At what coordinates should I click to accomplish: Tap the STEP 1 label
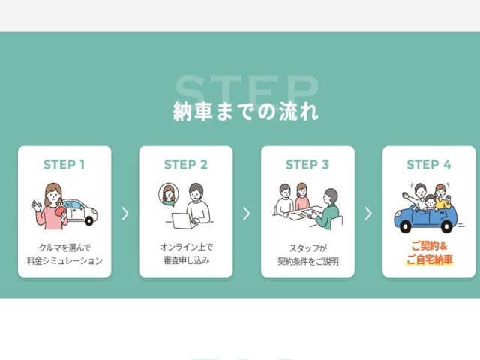coord(64,165)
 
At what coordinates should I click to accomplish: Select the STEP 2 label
coord(185,165)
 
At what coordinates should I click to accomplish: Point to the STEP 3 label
coord(307,165)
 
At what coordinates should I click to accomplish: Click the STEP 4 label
coord(428,165)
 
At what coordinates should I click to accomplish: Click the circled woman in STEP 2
coord(168,194)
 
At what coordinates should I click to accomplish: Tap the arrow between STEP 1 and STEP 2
coord(125,214)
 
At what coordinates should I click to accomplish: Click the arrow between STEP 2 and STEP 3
coord(246,214)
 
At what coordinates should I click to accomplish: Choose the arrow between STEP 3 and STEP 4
coord(367,214)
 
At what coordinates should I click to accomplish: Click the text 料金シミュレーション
coord(64,261)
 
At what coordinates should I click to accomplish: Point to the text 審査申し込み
coord(185,261)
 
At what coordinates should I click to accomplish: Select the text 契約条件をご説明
coord(307,261)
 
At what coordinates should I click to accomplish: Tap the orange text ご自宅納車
coord(428,261)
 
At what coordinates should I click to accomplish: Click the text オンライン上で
coord(185,246)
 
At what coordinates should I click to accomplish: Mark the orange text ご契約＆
coord(428,246)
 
